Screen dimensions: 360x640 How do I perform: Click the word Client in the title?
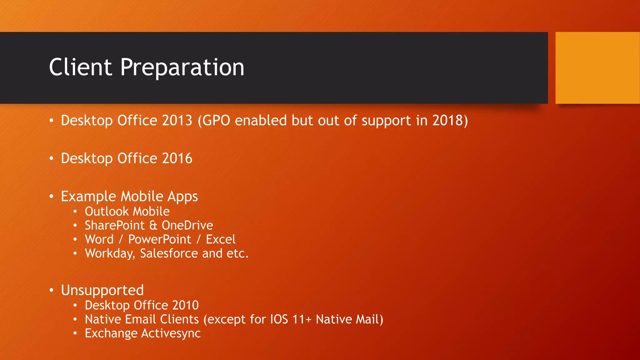click(x=80, y=67)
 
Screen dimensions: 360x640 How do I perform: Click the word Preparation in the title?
click(x=182, y=68)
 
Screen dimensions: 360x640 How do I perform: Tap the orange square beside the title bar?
click(x=597, y=68)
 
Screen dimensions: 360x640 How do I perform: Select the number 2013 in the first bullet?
click(x=177, y=121)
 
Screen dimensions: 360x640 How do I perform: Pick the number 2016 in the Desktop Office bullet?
click(x=177, y=158)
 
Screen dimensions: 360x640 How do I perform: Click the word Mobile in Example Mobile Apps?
click(x=142, y=197)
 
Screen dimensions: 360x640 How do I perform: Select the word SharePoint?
click(x=115, y=226)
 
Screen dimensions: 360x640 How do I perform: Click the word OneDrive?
click(x=187, y=226)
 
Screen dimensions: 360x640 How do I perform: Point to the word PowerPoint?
click(x=159, y=240)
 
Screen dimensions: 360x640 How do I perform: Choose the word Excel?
click(x=220, y=240)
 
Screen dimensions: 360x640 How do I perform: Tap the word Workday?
click(x=109, y=253)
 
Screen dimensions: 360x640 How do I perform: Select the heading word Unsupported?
click(x=102, y=290)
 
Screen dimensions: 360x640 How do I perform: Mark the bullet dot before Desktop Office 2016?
click(x=52, y=158)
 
